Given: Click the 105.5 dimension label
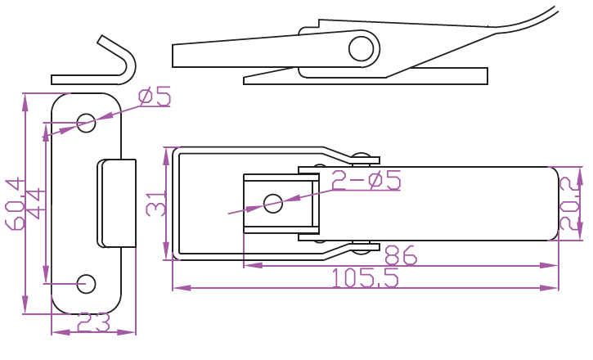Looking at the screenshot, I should pos(366,279).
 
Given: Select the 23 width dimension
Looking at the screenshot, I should pos(93,323).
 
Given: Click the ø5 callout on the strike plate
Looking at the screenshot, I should pos(155,97).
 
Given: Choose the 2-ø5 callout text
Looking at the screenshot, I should pos(366,181).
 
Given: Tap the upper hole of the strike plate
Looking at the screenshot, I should pos(86,123).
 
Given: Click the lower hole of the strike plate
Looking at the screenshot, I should pos(86,283).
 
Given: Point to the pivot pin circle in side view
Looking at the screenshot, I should pos(360,48).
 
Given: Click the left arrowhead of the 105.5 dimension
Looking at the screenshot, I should pos(177,288).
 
